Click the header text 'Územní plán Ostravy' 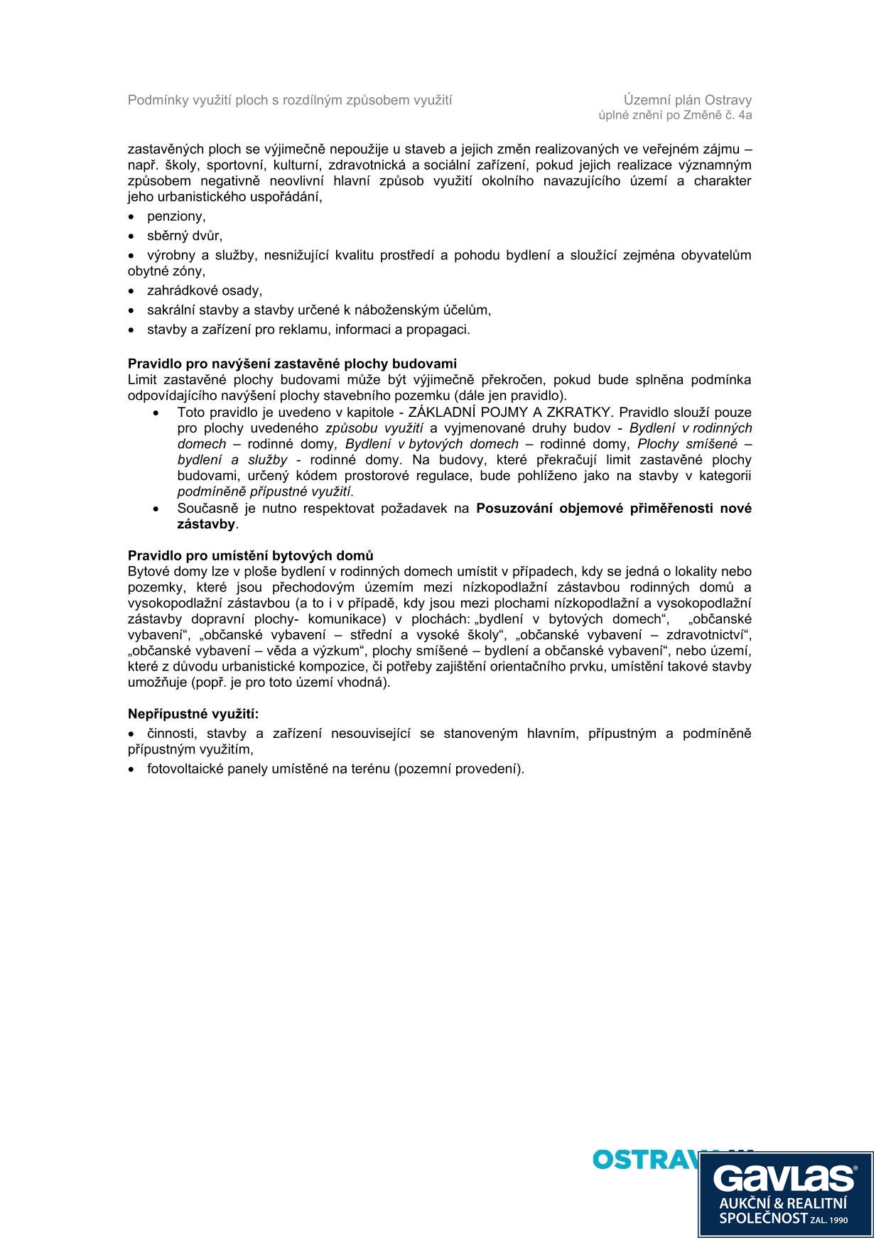pyautogui.click(x=687, y=100)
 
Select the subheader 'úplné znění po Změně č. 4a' pyautogui.click(x=675, y=115)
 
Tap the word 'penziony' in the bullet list pyautogui.click(x=175, y=217)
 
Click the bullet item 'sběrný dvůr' pyautogui.click(x=184, y=236)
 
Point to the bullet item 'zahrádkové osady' pyautogui.click(x=204, y=290)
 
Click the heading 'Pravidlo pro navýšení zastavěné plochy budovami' pyautogui.click(x=292, y=364)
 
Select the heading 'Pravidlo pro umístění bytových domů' pyautogui.click(x=250, y=555)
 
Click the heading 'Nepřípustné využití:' pyautogui.click(x=193, y=714)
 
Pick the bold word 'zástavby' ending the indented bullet pyautogui.click(x=206, y=524)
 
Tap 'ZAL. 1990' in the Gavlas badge pyautogui.click(x=829, y=1220)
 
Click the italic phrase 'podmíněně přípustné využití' pyautogui.click(x=264, y=491)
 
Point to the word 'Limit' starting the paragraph pyautogui.click(x=141, y=380)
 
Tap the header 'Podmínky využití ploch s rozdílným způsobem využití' pyautogui.click(x=290, y=100)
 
